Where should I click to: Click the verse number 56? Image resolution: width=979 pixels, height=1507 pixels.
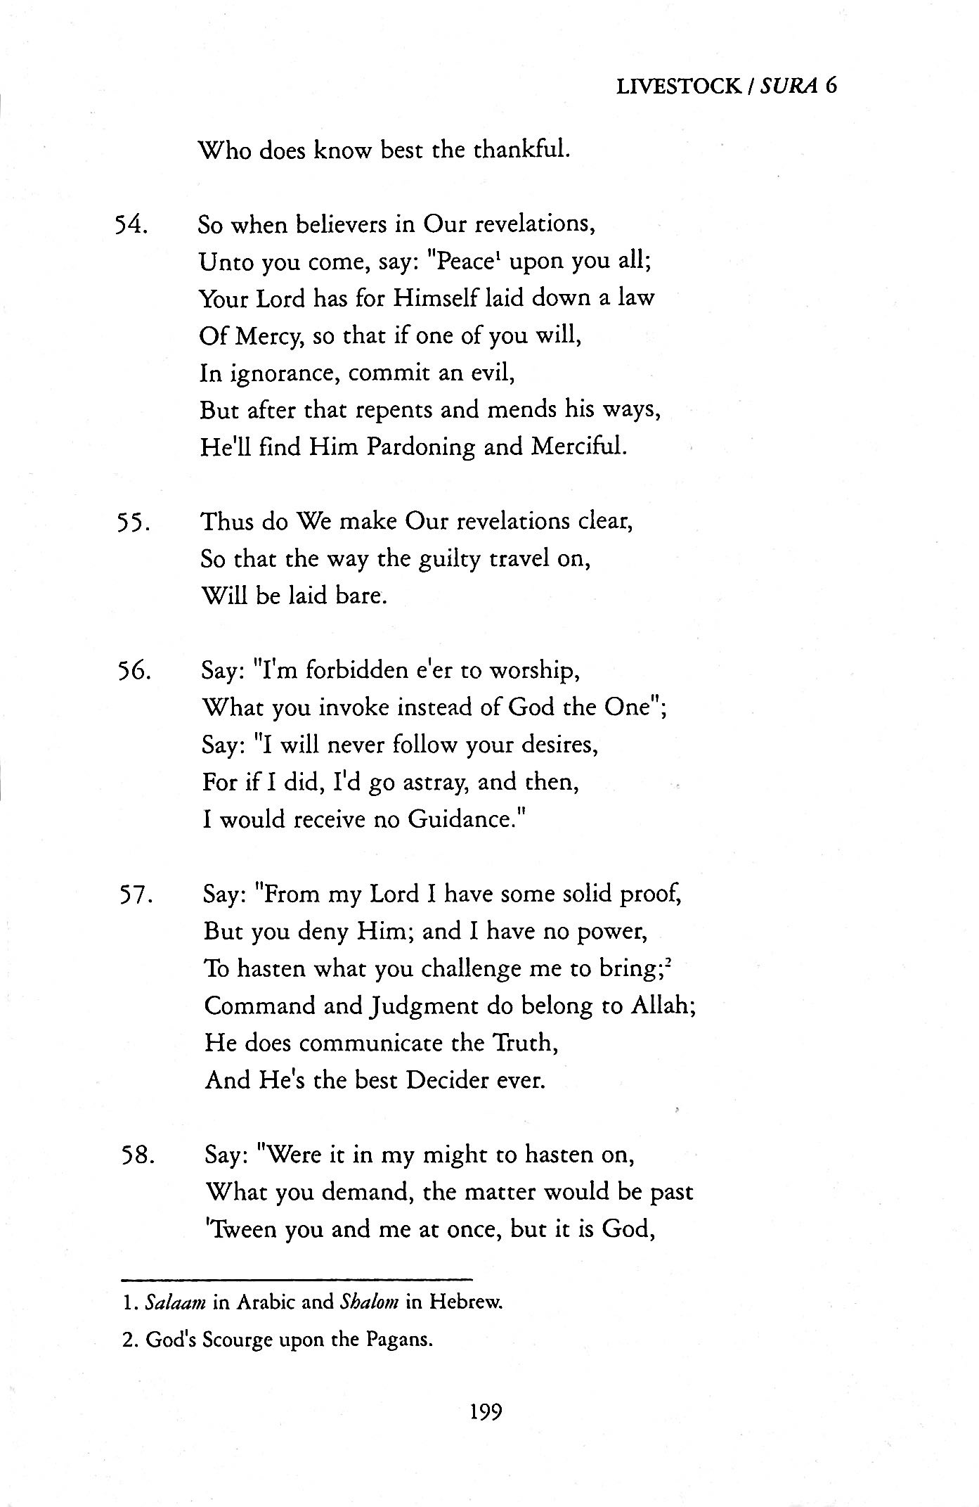(x=131, y=671)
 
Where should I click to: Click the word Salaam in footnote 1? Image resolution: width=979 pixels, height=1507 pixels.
(x=174, y=1302)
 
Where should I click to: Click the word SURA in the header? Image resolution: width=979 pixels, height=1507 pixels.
(x=786, y=86)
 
